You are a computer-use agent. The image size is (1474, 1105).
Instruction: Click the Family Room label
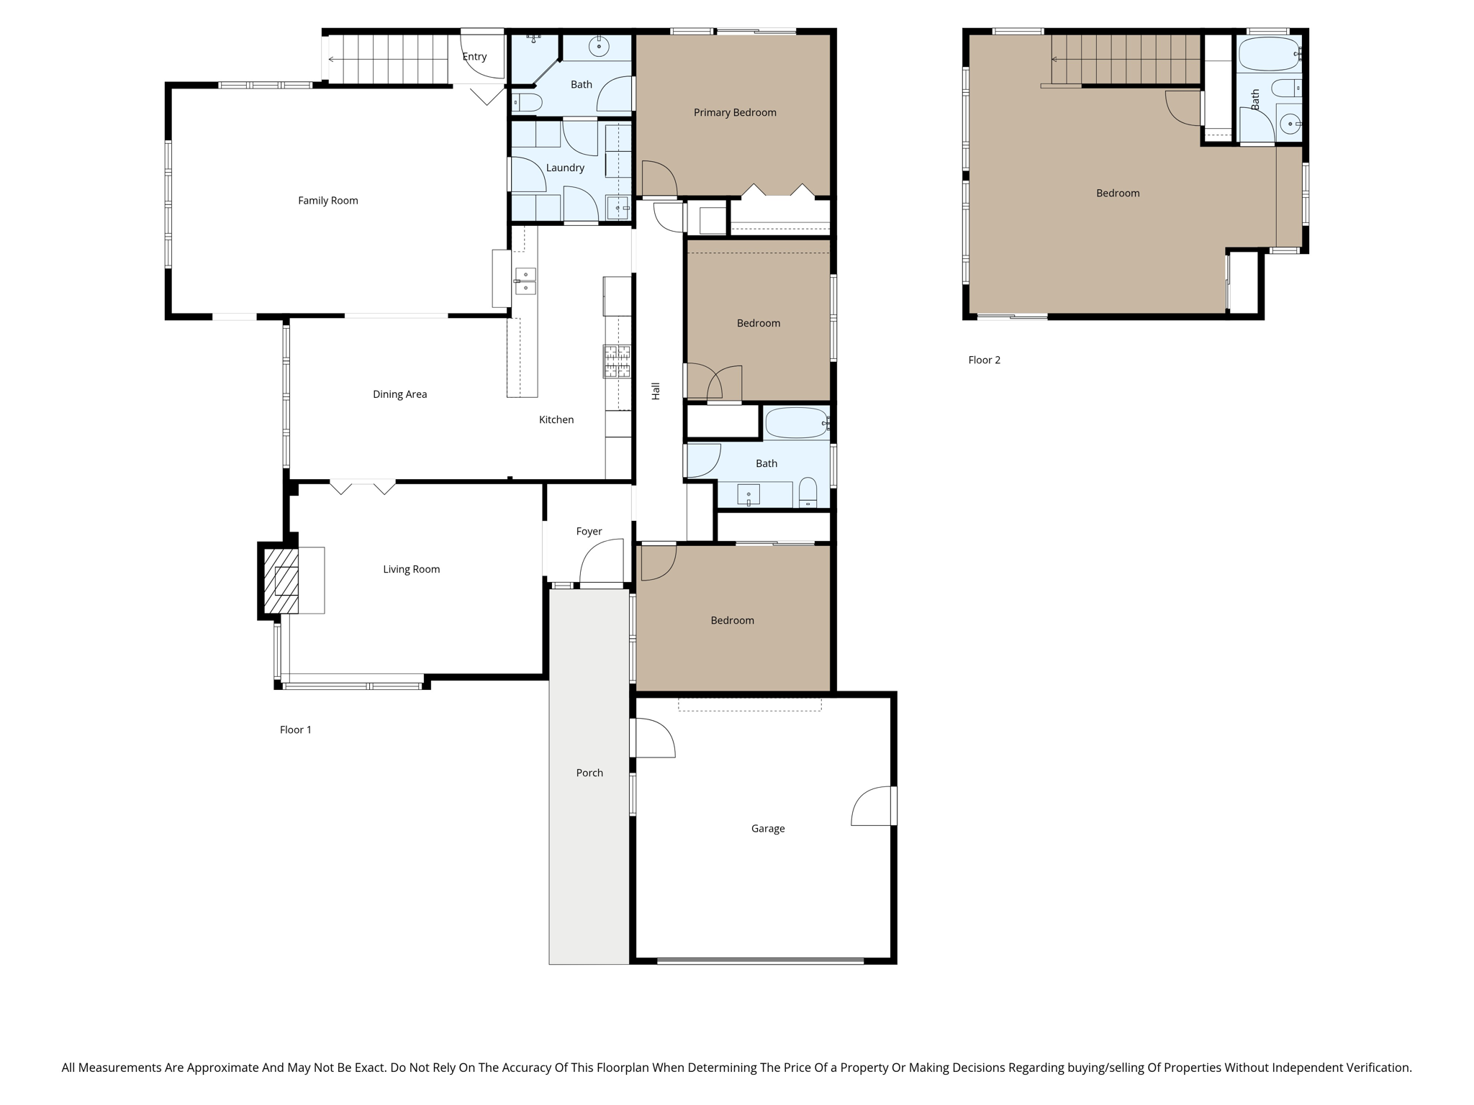tap(327, 201)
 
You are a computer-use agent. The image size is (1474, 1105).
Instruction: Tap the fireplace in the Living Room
tap(281, 581)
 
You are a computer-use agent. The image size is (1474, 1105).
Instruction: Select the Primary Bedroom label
tap(734, 112)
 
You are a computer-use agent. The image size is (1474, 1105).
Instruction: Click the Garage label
tap(767, 828)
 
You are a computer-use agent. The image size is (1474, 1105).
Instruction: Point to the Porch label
tap(589, 773)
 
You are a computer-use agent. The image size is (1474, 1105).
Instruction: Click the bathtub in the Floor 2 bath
tap(1269, 54)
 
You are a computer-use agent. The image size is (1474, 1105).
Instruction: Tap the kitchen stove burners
tap(617, 361)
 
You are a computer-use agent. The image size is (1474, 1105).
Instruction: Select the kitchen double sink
tap(525, 281)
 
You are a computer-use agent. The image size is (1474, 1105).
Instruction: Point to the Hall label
tap(656, 391)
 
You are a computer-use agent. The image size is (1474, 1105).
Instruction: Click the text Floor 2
tap(984, 360)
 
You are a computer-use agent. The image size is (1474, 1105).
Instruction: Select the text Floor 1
tap(295, 729)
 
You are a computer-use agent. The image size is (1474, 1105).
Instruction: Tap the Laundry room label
tap(564, 168)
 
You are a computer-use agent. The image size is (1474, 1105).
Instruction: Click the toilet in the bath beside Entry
tap(528, 103)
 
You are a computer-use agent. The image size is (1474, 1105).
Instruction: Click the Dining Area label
tap(399, 394)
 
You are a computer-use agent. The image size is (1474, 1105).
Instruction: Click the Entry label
tap(474, 57)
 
